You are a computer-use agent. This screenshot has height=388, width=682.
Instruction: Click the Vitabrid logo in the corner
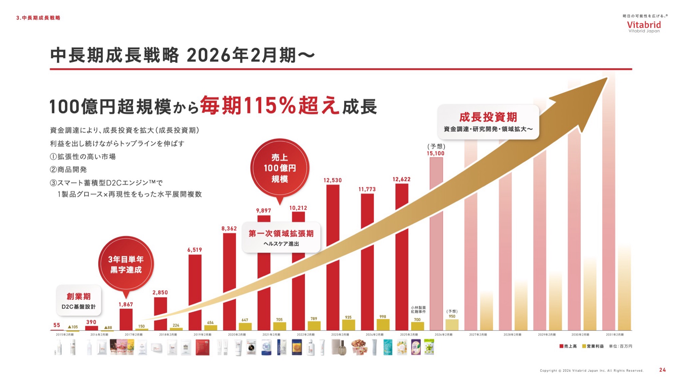pyautogui.click(x=644, y=26)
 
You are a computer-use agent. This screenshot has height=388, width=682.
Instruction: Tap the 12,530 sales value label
pyautogui.click(x=332, y=180)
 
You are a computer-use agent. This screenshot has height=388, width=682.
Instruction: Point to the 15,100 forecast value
pyautogui.click(x=435, y=153)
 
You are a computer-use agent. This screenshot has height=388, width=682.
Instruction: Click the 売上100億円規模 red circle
pyautogui.click(x=280, y=168)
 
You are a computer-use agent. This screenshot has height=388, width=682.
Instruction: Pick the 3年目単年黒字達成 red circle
pyautogui.click(x=126, y=264)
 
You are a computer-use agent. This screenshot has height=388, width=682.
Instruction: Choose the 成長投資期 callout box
pyautogui.click(x=488, y=122)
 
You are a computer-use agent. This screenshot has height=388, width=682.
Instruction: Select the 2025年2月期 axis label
pyautogui.click(x=409, y=335)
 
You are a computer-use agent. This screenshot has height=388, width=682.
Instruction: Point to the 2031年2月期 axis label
pyautogui.click(x=614, y=335)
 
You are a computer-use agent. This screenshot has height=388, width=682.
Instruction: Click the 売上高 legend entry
pyautogui.click(x=568, y=346)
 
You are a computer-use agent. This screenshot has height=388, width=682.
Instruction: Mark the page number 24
pyautogui.click(x=662, y=370)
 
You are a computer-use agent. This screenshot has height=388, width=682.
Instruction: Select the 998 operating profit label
pyautogui.click(x=383, y=317)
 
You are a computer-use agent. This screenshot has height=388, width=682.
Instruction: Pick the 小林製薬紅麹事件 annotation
pyautogui.click(x=418, y=310)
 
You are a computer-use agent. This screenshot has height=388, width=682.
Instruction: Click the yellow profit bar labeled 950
pyautogui.click(x=452, y=325)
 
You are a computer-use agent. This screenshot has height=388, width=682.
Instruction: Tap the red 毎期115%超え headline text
pyautogui.click(x=269, y=106)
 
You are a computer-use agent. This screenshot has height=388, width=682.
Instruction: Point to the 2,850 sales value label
pyautogui.click(x=160, y=293)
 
